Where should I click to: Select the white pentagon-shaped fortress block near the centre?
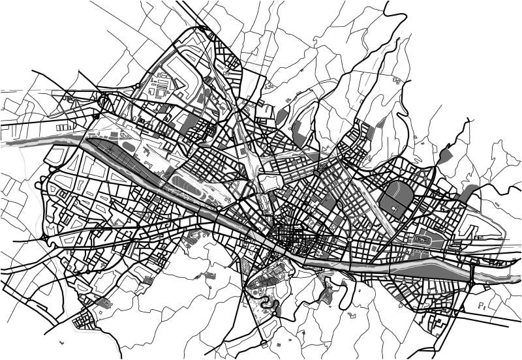pyautogui.click(x=269, y=181)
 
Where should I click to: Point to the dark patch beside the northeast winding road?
pyautogui.click(x=445, y=156)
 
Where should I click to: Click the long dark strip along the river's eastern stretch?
pyautogui.click(x=431, y=268)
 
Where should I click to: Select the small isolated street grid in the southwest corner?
pyautogui.click(x=83, y=320)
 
